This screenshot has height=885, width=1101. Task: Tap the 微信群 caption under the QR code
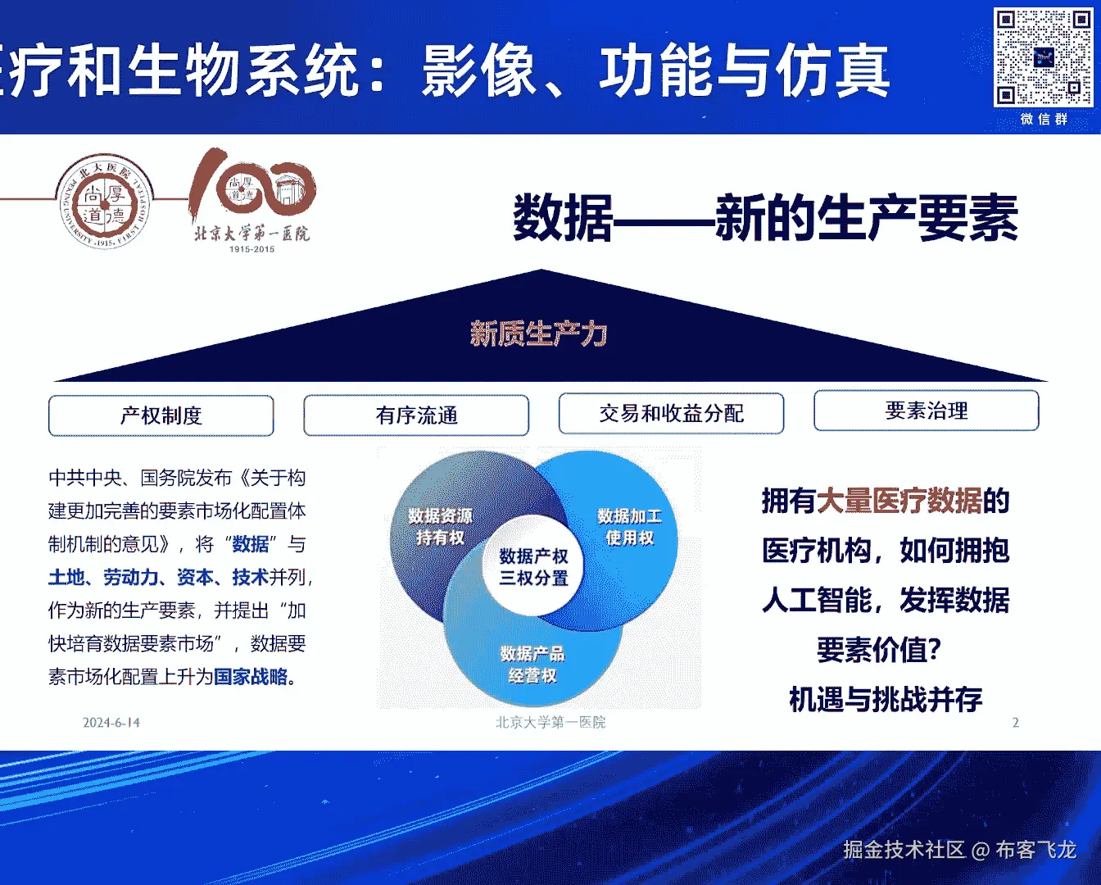[1044, 120]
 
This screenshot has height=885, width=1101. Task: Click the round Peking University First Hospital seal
[105, 202]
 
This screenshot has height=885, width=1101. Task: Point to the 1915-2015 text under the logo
[251, 249]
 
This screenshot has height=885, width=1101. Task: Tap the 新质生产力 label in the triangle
[539, 334]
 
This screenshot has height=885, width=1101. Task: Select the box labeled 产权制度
[161, 415]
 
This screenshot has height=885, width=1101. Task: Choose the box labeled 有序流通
[416, 415]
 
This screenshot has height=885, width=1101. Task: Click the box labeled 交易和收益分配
[671, 414]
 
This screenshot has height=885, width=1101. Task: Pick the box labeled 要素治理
[927, 411]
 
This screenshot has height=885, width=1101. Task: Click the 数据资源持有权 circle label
[441, 527]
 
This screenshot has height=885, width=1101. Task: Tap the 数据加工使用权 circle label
[630, 527]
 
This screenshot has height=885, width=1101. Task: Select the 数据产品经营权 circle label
[532, 665]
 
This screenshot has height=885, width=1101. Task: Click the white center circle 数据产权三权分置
[533, 566]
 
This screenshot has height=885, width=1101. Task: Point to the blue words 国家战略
[251, 677]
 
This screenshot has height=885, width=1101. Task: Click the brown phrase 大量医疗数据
[899, 501]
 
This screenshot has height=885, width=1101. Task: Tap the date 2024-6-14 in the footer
[111, 722]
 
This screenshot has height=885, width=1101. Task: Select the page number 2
[1016, 722]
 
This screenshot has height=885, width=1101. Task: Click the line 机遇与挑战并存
[886, 699]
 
